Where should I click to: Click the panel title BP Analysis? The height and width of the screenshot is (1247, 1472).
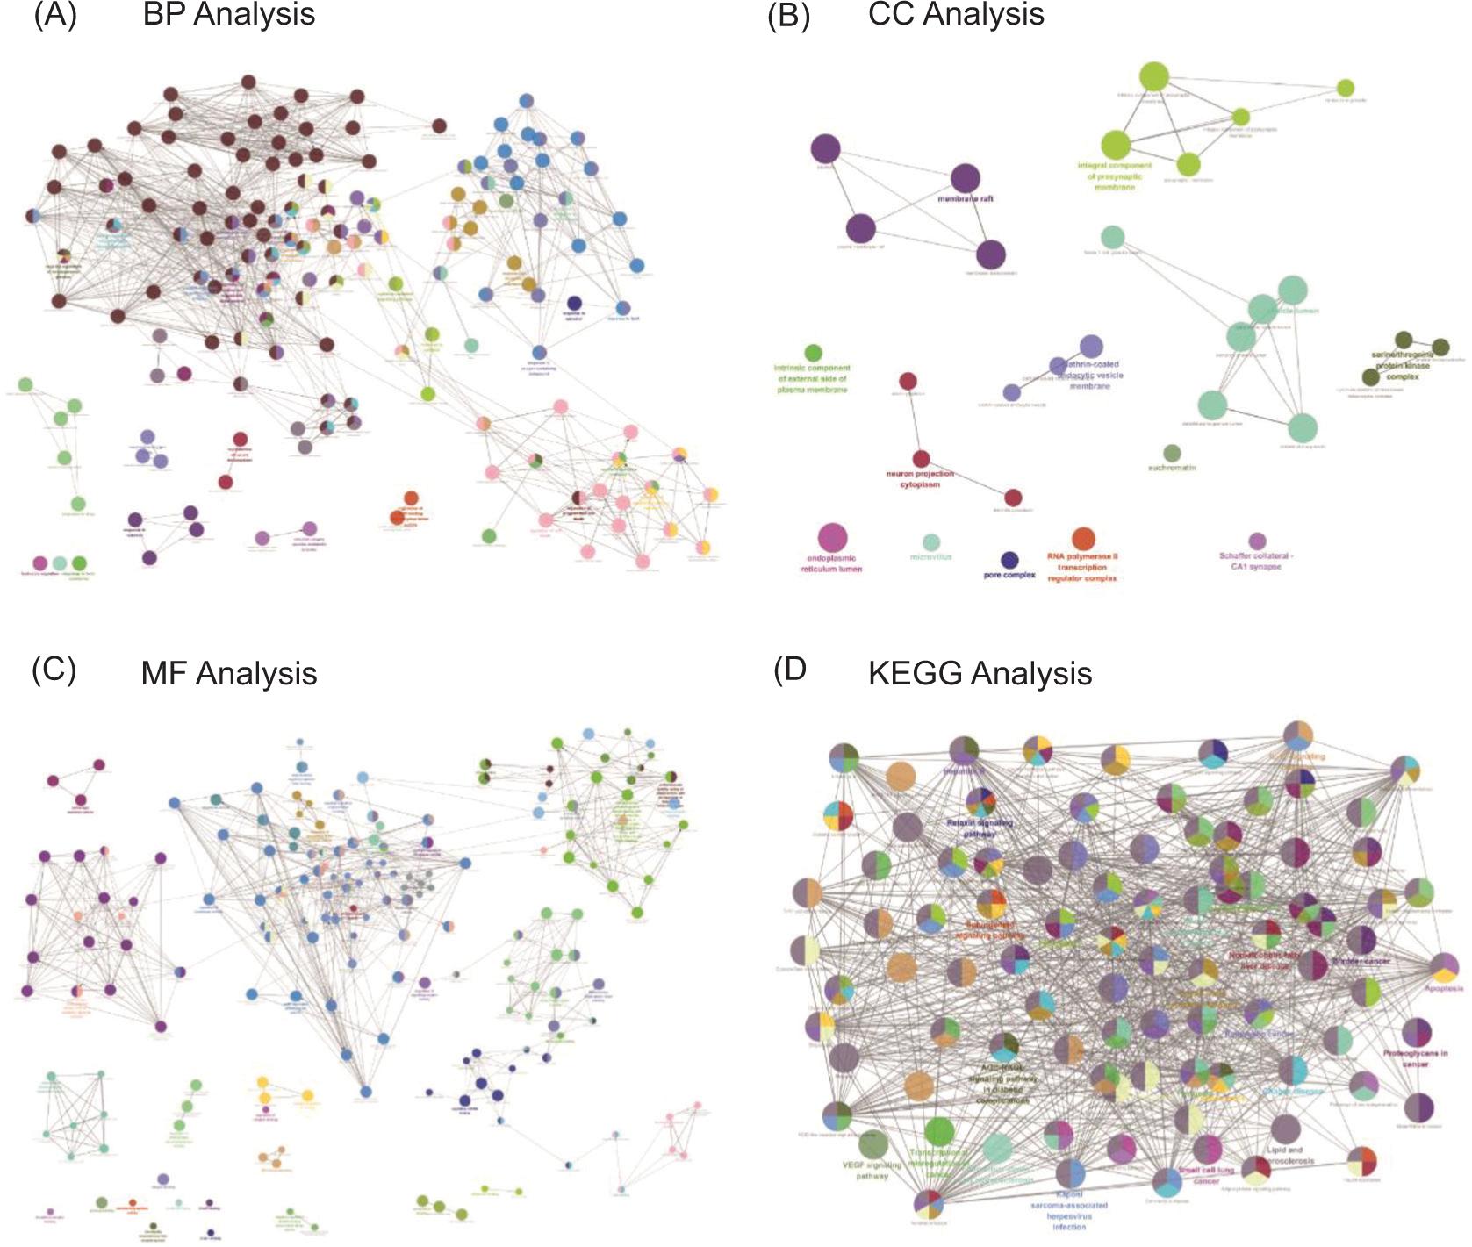click(x=228, y=15)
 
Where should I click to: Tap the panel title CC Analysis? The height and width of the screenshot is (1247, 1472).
click(x=956, y=15)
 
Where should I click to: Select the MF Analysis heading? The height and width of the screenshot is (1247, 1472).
click(x=228, y=673)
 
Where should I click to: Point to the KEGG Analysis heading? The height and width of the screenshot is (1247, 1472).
click(x=980, y=673)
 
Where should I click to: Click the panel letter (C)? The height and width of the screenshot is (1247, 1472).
click(x=54, y=670)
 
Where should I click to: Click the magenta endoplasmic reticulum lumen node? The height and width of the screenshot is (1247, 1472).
click(x=831, y=537)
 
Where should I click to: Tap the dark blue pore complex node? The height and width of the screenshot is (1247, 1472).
click(x=1009, y=560)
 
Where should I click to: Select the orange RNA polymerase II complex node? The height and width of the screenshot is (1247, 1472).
click(x=1083, y=539)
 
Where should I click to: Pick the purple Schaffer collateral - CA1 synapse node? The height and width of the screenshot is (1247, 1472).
click(x=1257, y=541)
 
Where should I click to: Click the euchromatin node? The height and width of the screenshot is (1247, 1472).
click(x=1172, y=453)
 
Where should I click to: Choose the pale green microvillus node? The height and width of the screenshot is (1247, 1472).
click(x=931, y=542)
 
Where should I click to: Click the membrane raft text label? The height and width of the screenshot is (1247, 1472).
click(x=965, y=199)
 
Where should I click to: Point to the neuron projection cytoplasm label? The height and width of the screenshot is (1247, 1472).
click(x=919, y=479)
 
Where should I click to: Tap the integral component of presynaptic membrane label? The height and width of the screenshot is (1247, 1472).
click(x=1115, y=176)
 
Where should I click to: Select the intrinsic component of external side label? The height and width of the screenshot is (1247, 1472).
click(x=812, y=378)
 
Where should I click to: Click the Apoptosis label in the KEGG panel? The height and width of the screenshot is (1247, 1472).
click(x=1443, y=988)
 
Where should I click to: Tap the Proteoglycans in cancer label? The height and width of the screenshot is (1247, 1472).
click(x=1415, y=1058)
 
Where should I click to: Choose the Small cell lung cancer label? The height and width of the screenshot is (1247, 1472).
click(x=1206, y=1175)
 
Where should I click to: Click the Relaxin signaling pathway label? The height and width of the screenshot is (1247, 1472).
click(x=980, y=828)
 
